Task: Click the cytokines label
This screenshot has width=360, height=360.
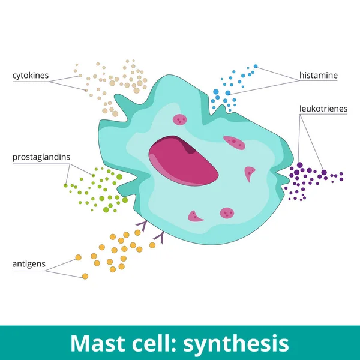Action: [30, 76]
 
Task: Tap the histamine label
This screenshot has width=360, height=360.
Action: [319, 76]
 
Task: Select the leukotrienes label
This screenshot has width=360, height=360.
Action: [323, 109]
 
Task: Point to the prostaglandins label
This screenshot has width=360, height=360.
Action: [41, 157]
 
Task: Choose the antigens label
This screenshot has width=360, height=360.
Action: [28, 264]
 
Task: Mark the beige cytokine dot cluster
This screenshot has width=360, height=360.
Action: [120, 84]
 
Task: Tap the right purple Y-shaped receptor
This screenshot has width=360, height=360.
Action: [160, 238]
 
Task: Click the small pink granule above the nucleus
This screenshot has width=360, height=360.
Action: [179, 120]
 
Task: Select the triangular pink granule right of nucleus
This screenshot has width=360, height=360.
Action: [250, 174]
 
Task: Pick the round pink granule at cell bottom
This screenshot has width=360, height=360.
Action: [227, 212]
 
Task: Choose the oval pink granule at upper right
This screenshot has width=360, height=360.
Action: [233, 142]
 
